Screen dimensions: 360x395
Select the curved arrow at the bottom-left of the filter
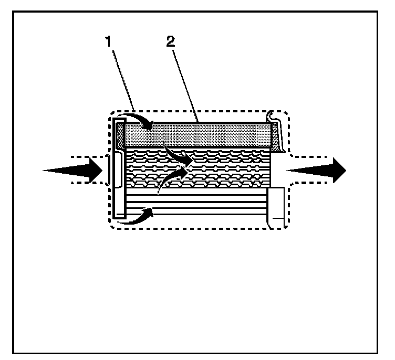pos(136,216)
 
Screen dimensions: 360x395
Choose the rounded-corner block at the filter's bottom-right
pos(276,208)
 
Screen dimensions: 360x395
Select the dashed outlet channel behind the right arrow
pos(310,156)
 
